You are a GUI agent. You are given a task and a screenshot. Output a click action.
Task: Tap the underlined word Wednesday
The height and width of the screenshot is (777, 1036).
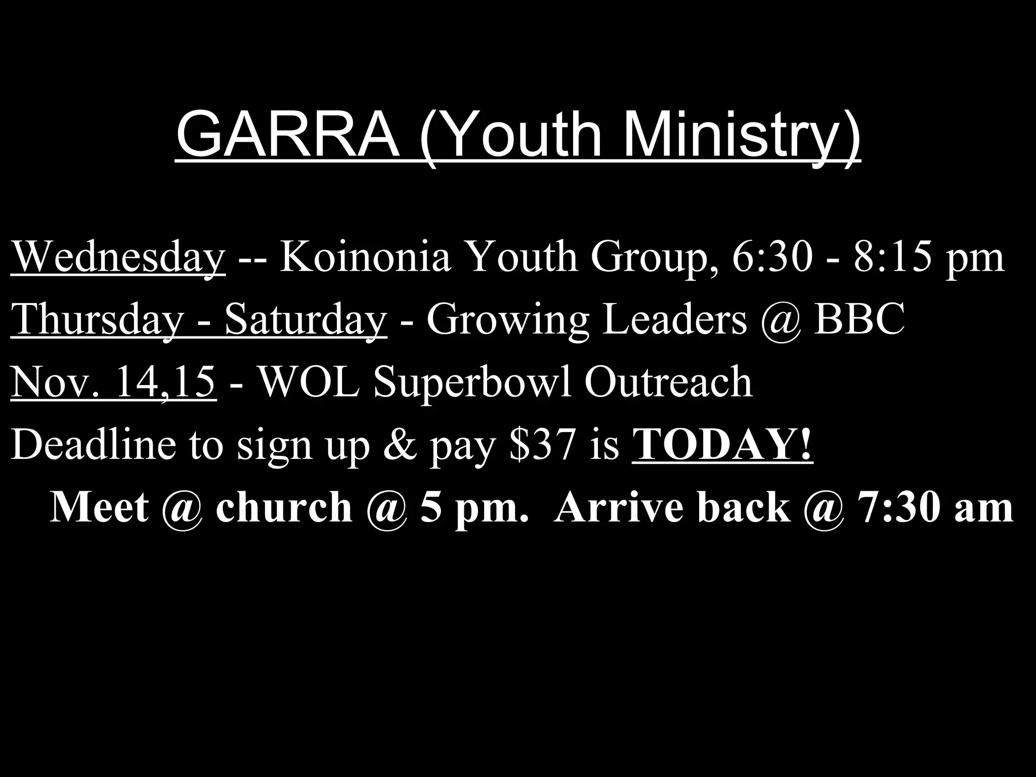coord(118,257)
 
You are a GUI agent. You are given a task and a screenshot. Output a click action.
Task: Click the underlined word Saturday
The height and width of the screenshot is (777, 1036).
coord(306,320)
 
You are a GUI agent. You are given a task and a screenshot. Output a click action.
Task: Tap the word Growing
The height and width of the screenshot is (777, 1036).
coord(508,320)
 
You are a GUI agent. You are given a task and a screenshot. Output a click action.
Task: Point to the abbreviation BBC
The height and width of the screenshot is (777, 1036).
coord(859,320)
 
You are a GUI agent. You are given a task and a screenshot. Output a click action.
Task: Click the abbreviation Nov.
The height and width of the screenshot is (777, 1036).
coord(53,382)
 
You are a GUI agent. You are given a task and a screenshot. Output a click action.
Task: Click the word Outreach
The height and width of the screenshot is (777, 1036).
coord(668,382)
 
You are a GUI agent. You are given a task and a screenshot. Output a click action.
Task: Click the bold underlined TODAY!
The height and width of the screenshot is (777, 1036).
coord(722,445)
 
